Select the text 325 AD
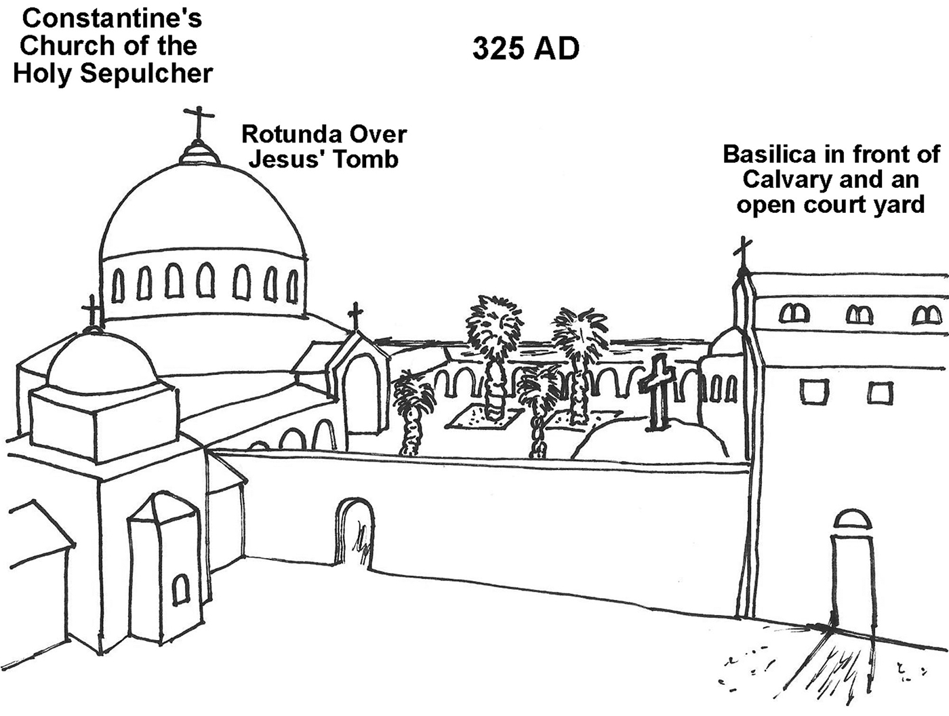tap(525, 49)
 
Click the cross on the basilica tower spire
tap(744, 252)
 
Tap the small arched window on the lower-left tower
tap(180, 589)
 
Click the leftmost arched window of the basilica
tap(794, 313)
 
